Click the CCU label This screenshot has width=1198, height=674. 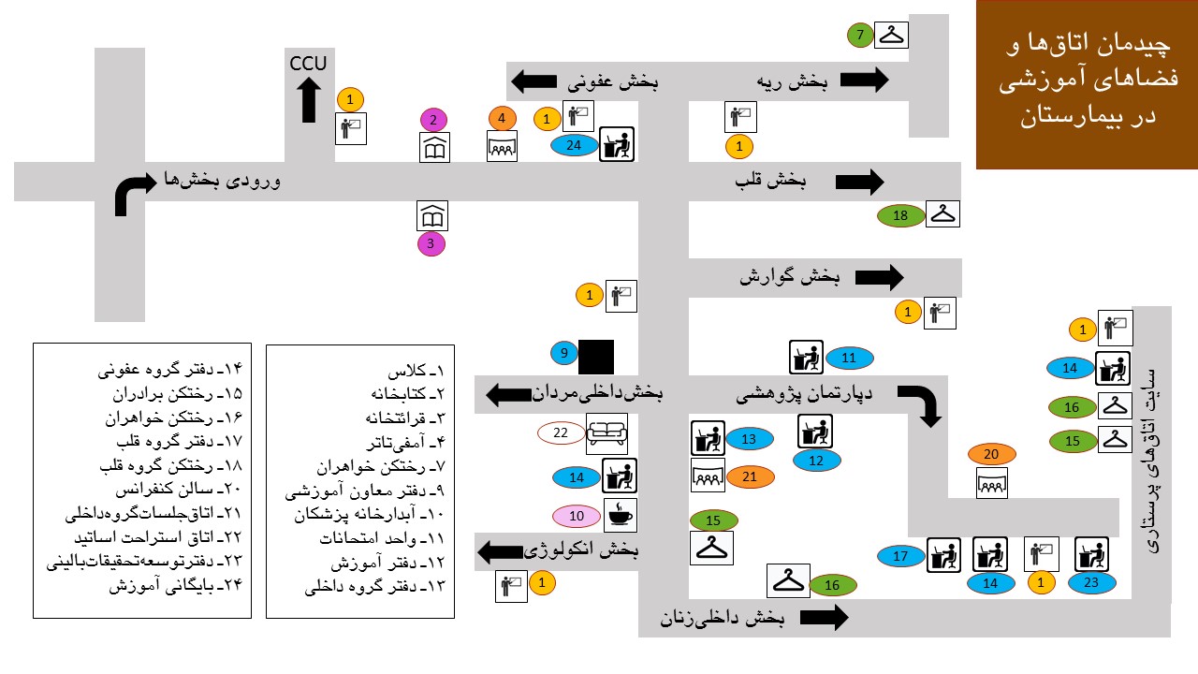(x=308, y=64)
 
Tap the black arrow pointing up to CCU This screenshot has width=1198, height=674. (x=308, y=100)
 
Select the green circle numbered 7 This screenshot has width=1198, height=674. (x=860, y=37)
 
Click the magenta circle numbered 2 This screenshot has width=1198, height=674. (x=433, y=120)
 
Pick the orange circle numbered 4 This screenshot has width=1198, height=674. (x=503, y=119)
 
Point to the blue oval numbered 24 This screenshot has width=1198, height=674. (x=574, y=145)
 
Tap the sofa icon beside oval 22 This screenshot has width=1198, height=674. (x=606, y=433)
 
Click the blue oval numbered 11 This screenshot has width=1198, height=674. (x=849, y=358)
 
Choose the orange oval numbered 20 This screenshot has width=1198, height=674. (x=992, y=455)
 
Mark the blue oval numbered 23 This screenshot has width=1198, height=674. (x=1091, y=582)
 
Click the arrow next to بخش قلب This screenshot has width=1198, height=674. (x=861, y=181)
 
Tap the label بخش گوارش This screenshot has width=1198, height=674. (x=791, y=277)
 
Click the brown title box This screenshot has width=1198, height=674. (x=1087, y=84)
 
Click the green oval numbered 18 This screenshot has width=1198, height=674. (x=901, y=216)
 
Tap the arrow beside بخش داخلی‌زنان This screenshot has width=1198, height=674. (x=825, y=617)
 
